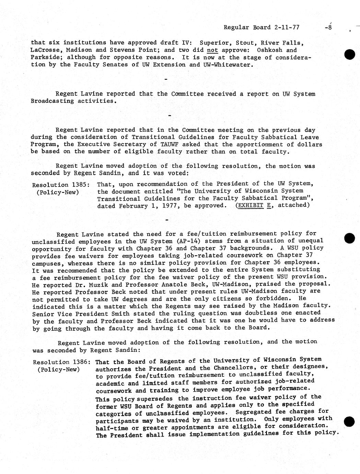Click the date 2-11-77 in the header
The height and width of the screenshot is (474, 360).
[286, 27]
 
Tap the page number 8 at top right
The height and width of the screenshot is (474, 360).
[330, 28]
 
